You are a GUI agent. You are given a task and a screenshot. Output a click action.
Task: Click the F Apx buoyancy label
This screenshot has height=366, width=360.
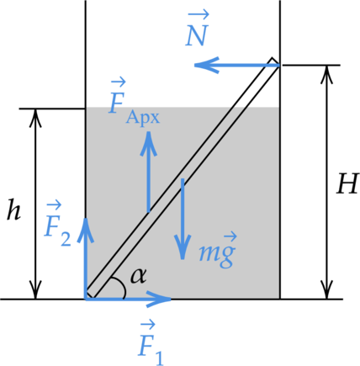(135, 102)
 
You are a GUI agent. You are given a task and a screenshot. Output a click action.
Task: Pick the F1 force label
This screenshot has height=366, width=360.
(151, 343)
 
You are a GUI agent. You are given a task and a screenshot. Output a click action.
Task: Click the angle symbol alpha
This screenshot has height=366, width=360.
(139, 276)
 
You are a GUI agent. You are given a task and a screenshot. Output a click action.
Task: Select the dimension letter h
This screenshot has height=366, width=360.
(13, 210)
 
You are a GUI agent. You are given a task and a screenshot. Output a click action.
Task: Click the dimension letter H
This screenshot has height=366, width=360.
(347, 183)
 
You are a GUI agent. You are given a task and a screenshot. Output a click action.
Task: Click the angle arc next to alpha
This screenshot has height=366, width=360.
(121, 285)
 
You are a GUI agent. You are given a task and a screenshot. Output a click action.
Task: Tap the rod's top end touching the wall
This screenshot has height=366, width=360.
(276, 62)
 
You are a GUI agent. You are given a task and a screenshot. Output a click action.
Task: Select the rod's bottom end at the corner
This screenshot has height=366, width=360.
(90, 294)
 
